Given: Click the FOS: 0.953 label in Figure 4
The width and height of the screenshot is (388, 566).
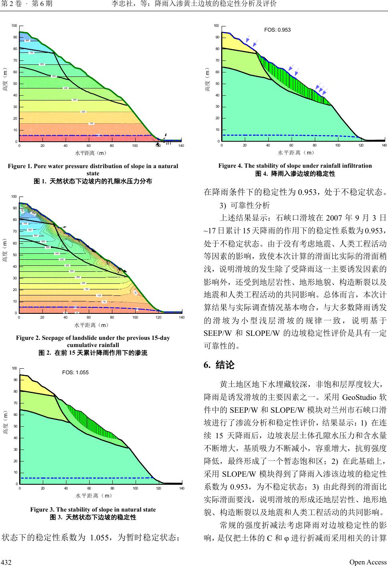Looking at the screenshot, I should [x=278, y=30].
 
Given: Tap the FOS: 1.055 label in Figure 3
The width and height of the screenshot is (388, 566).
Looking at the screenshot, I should [x=75, y=372].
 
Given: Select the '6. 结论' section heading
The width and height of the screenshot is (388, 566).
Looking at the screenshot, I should [x=219, y=365].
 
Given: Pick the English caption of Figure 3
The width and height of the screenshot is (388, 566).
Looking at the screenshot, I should [x=93, y=510].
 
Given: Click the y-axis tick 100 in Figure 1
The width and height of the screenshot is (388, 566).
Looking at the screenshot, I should [x=14, y=26].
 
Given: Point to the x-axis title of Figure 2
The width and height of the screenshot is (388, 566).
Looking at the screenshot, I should [x=92, y=325].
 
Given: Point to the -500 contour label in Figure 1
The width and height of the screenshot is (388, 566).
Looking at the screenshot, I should [x=53, y=76].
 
